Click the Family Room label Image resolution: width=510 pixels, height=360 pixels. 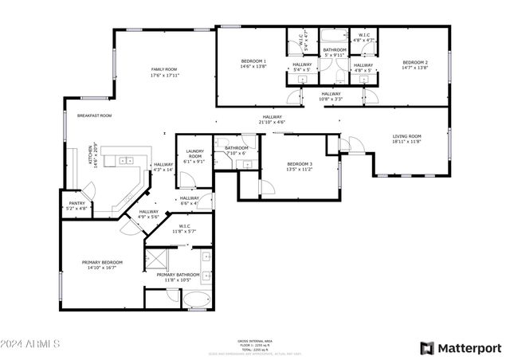click(x=163, y=69)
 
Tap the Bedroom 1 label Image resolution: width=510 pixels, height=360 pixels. click(x=253, y=61)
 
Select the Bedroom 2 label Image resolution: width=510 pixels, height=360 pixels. click(x=415, y=62)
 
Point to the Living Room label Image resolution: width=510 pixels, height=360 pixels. click(x=406, y=136)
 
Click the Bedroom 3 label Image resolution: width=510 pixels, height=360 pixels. click(x=300, y=164)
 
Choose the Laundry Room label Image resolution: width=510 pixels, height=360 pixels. click(x=195, y=153)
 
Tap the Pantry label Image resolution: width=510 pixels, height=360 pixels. click(x=77, y=203)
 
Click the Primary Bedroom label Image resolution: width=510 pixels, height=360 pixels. click(x=102, y=262)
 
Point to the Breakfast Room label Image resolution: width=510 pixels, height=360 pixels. click(x=94, y=115)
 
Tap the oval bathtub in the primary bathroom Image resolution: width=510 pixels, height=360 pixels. click(x=197, y=300)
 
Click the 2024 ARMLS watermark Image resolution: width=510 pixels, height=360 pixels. click(x=31, y=344)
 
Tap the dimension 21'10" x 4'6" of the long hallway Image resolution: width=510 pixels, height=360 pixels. click(x=272, y=123)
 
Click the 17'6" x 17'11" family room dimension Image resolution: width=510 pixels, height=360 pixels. click(x=163, y=76)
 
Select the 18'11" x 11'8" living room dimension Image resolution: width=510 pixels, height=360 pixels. click(x=406, y=142)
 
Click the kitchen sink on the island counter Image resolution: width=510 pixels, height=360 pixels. click(x=126, y=160)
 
